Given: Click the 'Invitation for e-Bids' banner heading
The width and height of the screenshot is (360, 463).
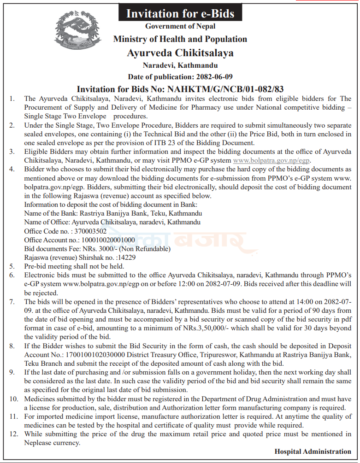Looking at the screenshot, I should coord(180,13).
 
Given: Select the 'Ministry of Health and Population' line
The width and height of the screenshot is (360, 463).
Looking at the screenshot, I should coord(180,39).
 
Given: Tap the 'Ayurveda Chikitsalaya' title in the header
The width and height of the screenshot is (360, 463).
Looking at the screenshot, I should coord(180,53).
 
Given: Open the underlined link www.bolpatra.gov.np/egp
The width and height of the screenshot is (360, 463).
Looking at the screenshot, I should coord(271,161).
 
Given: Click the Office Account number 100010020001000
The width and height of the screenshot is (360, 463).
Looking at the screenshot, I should coord(108,240).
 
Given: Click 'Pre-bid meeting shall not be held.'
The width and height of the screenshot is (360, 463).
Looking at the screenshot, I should coord(74,266).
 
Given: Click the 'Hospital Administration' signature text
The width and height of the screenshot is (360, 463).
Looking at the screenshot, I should coord(313,451).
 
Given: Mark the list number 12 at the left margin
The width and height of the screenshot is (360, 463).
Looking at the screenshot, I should coord(13,434).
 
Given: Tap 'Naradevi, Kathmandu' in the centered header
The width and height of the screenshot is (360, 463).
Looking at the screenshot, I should coord(180,65).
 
